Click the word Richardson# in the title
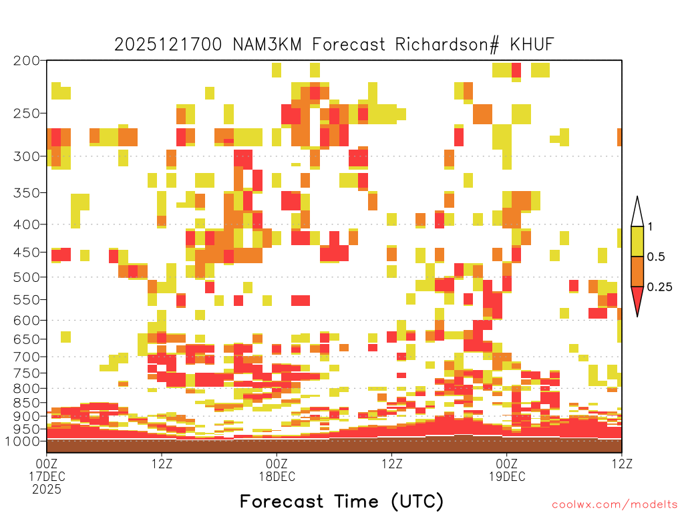(447, 45)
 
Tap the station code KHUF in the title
(532, 45)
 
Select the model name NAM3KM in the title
(267, 45)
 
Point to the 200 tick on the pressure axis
(26, 61)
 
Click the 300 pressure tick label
(26, 156)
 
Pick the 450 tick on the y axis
(26, 252)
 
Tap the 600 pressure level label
(26, 321)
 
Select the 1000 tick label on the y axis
(22, 441)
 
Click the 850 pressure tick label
(26, 403)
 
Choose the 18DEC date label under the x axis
(277, 476)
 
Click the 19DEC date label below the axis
(507, 476)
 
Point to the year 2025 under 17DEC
(47, 490)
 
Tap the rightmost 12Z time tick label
(622, 464)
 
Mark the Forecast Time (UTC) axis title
(341, 502)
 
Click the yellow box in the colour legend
(637, 241)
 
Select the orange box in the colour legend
(637, 271)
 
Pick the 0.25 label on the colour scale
(659, 287)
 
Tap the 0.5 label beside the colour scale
(656, 256)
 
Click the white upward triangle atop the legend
(637, 212)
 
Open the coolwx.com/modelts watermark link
(615, 505)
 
